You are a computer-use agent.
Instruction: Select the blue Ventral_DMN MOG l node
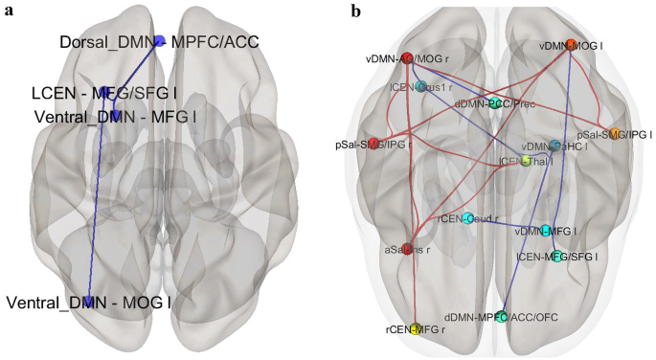(89, 303)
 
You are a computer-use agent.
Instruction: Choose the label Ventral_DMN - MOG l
(89, 303)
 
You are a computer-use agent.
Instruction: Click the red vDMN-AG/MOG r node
(406, 58)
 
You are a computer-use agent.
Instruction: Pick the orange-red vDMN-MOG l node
(572, 44)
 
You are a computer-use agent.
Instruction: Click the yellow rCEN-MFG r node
(416, 328)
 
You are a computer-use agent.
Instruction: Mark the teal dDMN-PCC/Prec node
(494, 102)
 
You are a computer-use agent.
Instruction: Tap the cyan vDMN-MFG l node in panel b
(546, 231)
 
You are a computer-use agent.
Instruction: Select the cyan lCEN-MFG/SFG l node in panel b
(557, 256)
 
